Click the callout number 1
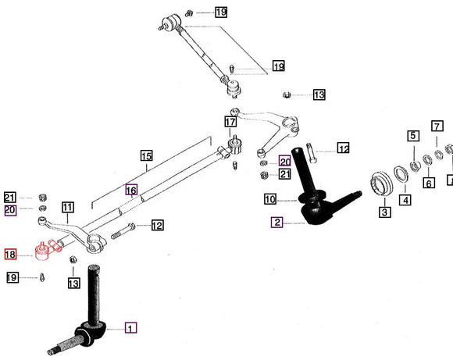[130, 329]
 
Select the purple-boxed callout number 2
[277, 223]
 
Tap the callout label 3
[385, 211]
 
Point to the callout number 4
[405, 200]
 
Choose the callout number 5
[412, 137]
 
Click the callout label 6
[429, 183]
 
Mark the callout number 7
[437, 125]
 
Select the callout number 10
[270, 198]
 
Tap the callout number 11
[68, 208]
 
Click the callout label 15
[146, 156]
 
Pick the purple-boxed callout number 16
[131, 190]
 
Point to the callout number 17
[230, 122]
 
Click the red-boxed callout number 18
[10, 255]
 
